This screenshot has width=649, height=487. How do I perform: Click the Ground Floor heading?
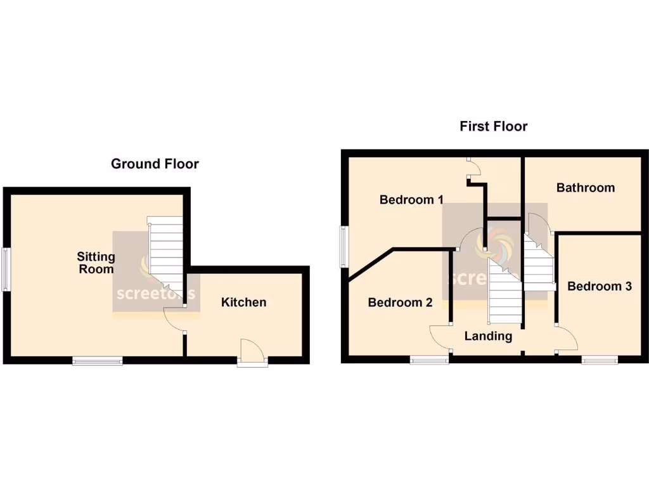[x=155, y=164]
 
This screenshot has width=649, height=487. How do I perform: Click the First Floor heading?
[x=493, y=126]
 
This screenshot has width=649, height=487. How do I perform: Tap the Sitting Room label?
[x=96, y=263]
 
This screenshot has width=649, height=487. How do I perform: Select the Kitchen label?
[x=243, y=302]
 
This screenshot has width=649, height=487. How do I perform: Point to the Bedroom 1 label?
[x=411, y=200]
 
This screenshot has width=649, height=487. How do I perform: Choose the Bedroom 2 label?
[x=400, y=302]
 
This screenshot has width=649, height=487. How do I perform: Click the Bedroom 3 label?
[x=599, y=286]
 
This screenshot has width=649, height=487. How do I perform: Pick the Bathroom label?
[x=585, y=187]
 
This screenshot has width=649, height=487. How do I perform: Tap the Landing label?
[x=488, y=336]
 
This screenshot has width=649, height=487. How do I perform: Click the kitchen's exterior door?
[x=252, y=353]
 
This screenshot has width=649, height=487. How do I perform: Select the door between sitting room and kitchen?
[x=174, y=320]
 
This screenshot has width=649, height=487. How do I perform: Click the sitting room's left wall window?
[x=6, y=269]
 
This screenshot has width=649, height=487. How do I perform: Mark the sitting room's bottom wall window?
[x=98, y=361]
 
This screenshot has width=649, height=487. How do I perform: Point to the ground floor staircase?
[x=167, y=260]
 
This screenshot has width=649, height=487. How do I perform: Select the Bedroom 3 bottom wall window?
[x=600, y=360]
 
